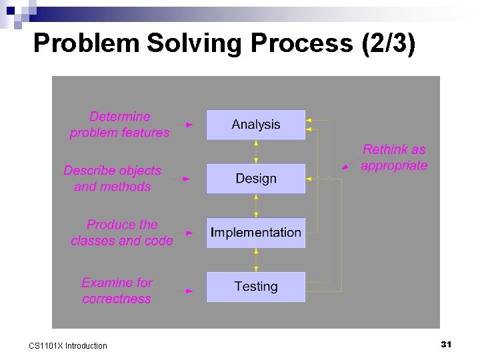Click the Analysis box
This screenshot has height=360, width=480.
(x=255, y=125)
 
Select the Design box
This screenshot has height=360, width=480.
(x=255, y=179)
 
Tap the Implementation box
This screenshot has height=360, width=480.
(x=255, y=233)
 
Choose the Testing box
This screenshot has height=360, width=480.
(x=255, y=287)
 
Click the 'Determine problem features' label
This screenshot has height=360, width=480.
(x=120, y=125)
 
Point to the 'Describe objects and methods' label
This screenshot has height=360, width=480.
(x=113, y=179)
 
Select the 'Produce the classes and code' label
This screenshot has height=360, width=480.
(x=122, y=233)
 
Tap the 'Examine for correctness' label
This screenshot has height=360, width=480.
(x=117, y=291)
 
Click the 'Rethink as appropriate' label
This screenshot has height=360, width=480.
(x=394, y=157)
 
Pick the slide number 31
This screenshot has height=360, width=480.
(x=447, y=344)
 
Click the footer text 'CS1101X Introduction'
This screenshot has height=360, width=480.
(x=68, y=345)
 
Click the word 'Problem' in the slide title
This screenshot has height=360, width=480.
(x=86, y=44)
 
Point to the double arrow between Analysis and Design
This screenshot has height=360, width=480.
(x=256, y=152)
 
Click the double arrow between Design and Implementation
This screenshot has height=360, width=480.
(x=256, y=206)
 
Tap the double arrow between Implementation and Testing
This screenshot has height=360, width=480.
(x=256, y=260)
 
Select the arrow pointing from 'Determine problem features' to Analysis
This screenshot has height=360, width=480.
(x=183, y=125)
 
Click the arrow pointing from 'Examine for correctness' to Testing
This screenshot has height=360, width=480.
(x=183, y=291)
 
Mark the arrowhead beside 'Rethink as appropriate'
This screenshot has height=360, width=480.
(x=345, y=167)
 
